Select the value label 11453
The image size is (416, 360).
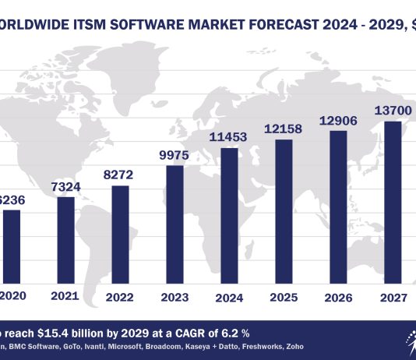pos(231,136)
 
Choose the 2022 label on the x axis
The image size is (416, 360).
pos(121,297)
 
